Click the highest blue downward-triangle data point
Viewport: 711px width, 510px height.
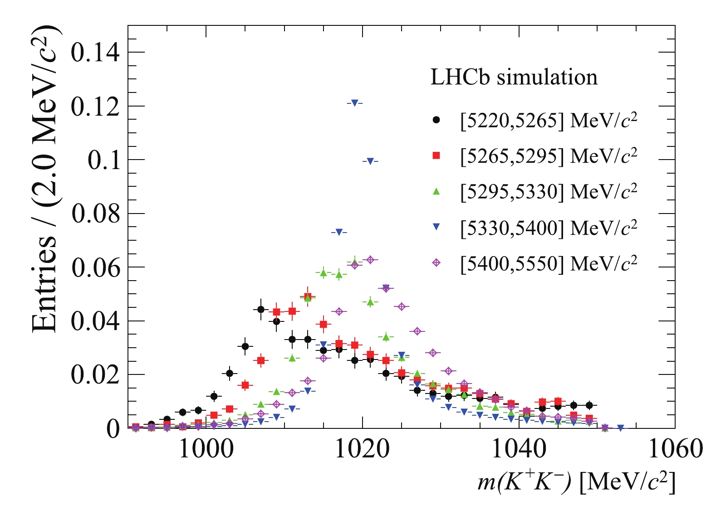pos(354,103)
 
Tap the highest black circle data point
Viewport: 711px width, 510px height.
pos(261,310)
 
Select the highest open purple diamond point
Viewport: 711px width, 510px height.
pos(370,260)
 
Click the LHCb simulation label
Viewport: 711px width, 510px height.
pos(514,78)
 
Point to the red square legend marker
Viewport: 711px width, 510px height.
pos(436,155)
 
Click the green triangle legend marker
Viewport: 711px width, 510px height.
pos(436,191)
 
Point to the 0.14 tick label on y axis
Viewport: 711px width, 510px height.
pos(96,53)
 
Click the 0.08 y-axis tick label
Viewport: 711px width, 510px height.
pos(96,214)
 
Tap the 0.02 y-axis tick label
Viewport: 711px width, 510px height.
pos(96,374)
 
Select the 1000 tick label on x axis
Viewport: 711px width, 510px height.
pos(206,450)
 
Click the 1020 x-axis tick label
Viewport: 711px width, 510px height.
pos(362,450)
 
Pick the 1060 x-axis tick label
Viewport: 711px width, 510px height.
pos(674,450)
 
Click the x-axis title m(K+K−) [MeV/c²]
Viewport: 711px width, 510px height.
pos(576,483)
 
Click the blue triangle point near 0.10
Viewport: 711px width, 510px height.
pos(370,161)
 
